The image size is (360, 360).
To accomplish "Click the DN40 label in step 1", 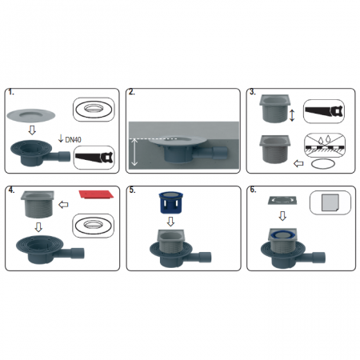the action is click(73, 139).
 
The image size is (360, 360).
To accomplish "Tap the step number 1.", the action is click(10, 92).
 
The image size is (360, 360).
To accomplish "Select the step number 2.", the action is click(132, 92).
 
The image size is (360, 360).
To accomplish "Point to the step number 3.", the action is click(252, 92).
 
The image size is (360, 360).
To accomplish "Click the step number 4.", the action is click(11, 190).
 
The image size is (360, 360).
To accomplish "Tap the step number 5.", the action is click(132, 190).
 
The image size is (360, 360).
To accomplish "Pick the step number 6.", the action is click(253, 190).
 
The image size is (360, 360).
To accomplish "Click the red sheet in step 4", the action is click(96, 194).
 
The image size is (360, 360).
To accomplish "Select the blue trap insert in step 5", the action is click(170, 202).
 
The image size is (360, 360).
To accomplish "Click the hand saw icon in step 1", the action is click(94, 158).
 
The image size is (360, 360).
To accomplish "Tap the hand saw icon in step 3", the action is click(324, 111).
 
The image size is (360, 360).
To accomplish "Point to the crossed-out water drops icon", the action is click(325, 145).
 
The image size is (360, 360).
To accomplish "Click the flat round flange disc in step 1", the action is click(31, 115).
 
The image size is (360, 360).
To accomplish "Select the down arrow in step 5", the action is click(170, 222).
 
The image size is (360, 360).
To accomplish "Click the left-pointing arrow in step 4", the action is click(63, 205).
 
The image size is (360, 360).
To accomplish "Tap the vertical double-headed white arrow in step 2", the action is click(134, 152).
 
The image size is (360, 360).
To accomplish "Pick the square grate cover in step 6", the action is click(282, 200).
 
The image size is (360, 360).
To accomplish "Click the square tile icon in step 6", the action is click(330, 202).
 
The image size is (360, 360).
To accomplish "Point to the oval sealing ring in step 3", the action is click(322, 164).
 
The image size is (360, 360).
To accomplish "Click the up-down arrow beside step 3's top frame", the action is click(292, 115).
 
